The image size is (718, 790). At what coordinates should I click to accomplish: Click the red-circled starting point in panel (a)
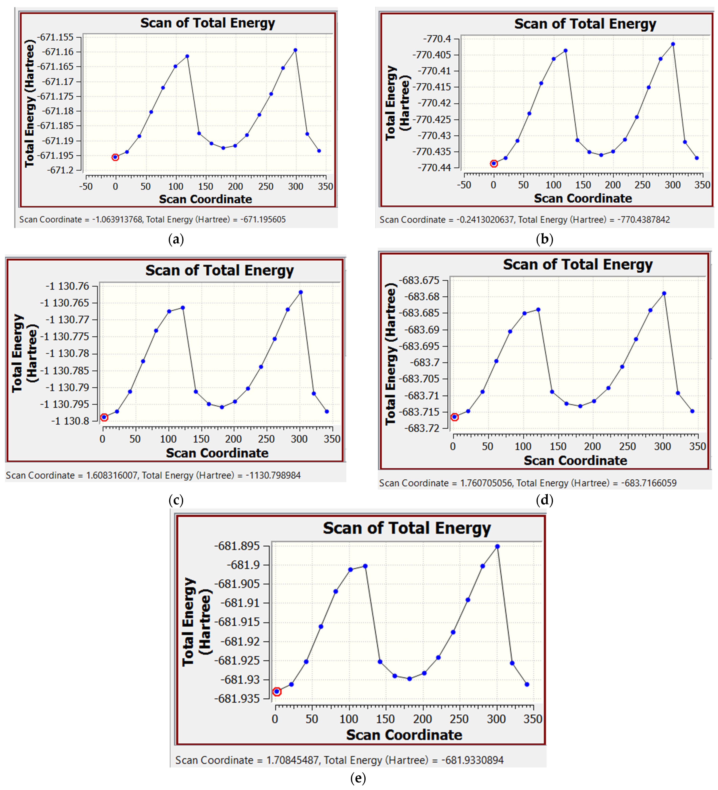coord(115,157)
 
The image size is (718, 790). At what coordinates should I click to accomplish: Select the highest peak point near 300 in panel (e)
coord(497,546)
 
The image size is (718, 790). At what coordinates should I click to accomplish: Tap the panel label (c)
coord(176,500)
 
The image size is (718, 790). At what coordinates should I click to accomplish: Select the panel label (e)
coord(358,778)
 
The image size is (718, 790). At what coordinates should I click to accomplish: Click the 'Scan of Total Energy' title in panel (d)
coord(578,264)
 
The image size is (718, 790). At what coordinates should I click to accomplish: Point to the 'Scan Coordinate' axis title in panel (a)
coord(205,199)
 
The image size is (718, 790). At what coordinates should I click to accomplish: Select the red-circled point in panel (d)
coord(455,417)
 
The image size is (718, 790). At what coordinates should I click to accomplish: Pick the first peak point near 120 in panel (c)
coord(183,308)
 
